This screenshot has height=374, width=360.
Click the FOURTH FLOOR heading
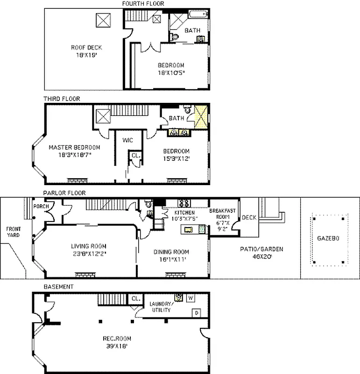pyautogui.click(x=143, y=4)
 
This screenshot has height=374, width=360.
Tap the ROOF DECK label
pyautogui.click(x=86, y=47)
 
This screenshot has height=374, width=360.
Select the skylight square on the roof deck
pyautogui.click(x=103, y=20)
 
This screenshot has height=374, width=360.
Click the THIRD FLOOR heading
pyautogui.click(x=62, y=99)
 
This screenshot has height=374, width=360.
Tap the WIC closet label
pyautogui.click(x=128, y=140)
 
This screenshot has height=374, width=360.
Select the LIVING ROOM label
pyautogui.click(x=89, y=246)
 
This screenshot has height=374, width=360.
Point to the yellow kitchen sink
pyautogui.click(x=189, y=229)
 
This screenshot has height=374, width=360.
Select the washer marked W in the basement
pyautogui.click(x=190, y=297)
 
